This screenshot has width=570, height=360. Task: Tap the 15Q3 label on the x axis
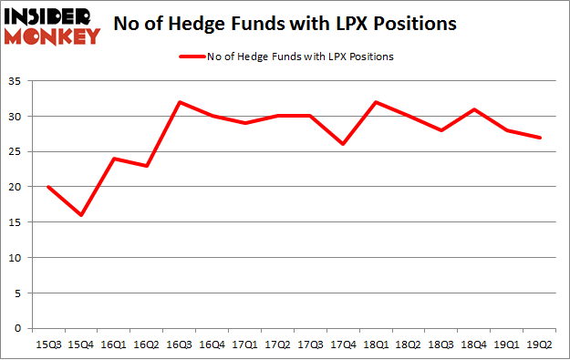(x=48, y=344)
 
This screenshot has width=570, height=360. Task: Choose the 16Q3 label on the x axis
(x=181, y=344)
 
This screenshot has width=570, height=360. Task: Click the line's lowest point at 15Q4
(x=80, y=215)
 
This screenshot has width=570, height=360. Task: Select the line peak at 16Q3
(x=180, y=102)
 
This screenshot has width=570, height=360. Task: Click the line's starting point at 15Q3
(x=47, y=187)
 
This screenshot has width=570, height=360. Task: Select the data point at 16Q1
(x=114, y=159)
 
